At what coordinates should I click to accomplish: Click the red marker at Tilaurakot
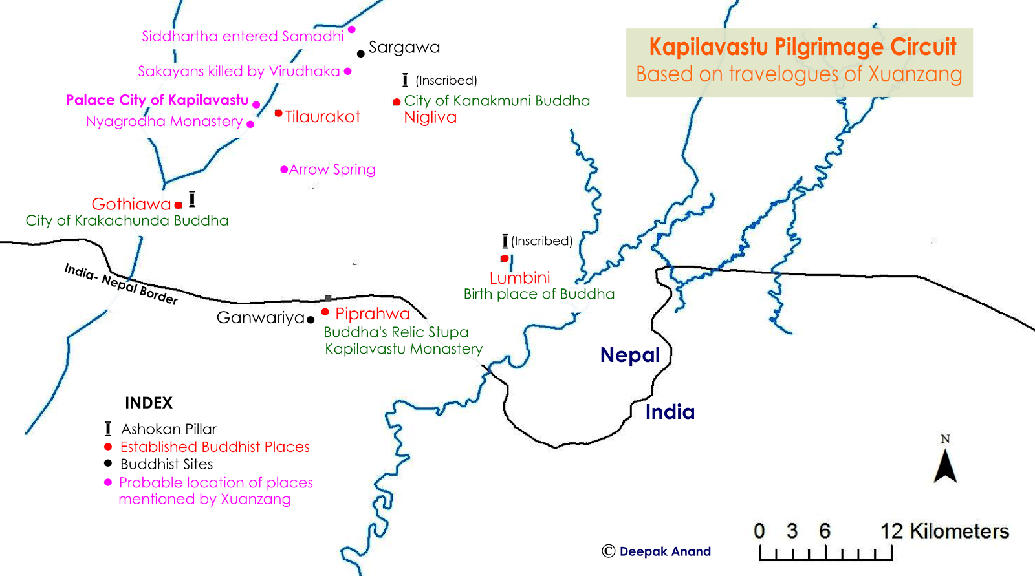click(278, 113)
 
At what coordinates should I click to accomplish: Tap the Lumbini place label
click(519, 278)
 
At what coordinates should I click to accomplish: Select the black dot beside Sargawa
click(360, 54)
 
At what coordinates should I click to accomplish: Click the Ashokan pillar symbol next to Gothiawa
click(192, 199)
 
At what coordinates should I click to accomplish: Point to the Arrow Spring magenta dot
click(284, 169)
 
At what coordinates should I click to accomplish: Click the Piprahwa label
click(373, 314)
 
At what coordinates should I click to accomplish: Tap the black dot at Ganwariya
click(310, 319)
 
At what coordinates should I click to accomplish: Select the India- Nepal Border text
click(121, 284)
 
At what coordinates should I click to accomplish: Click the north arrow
click(945, 465)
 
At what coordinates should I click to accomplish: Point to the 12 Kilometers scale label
click(944, 531)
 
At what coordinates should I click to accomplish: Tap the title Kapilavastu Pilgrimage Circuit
click(802, 47)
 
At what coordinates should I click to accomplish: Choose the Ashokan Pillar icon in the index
click(108, 429)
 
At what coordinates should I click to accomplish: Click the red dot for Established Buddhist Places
click(108, 447)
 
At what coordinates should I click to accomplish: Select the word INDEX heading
click(149, 403)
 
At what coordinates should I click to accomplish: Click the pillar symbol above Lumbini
click(505, 241)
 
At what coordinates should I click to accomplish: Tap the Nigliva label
click(430, 118)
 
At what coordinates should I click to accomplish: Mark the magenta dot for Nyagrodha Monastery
click(250, 124)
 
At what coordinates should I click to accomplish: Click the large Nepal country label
click(630, 355)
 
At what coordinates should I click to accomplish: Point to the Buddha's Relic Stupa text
click(396, 332)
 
